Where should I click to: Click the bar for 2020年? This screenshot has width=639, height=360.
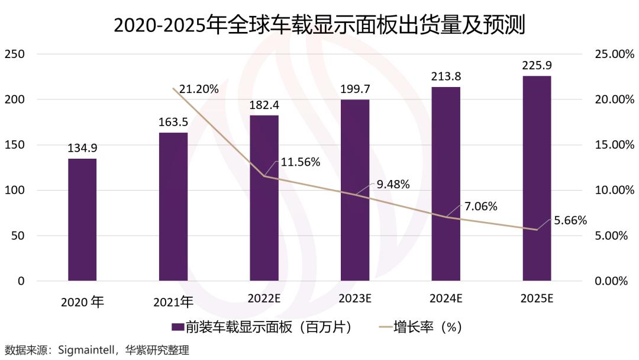pyautogui.click(x=82, y=220)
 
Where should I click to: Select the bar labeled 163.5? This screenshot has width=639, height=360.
pyautogui.click(x=173, y=207)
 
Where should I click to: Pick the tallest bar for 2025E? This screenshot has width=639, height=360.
pyautogui.click(x=537, y=178)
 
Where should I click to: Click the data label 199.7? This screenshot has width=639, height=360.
pyautogui.click(x=355, y=89)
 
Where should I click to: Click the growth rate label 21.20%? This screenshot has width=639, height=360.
pyautogui.click(x=199, y=89)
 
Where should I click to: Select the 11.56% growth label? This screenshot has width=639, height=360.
pyautogui.click(x=301, y=162)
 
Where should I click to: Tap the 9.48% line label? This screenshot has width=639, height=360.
pyautogui.click(x=393, y=184)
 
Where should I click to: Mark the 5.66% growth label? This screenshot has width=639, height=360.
pyautogui.click(x=570, y=221)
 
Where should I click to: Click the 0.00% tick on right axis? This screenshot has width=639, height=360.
pyautogui.click(x=609, y=281)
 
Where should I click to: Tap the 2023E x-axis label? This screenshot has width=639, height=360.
pyautogui.click(x=355, y=299)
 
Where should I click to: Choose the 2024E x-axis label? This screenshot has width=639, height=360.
pyautogui.click(x=446, y=299)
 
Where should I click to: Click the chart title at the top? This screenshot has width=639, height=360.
pyautogui.click(x=319, y=25)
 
